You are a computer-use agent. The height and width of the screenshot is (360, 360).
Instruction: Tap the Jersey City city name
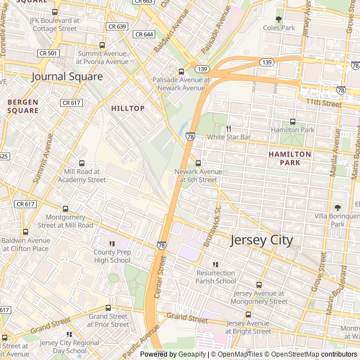(x=262, y=240)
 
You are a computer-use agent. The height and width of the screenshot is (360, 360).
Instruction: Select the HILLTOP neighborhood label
(x=128, y=108)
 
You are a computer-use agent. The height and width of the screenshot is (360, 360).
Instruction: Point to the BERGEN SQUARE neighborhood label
(x=23, y=106)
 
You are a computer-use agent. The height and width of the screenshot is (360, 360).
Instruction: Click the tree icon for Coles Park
(x=279, y=19)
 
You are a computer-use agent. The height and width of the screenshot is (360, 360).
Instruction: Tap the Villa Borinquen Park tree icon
(x=337, y=208)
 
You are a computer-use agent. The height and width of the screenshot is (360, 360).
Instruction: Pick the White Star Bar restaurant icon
(x=229, y=129)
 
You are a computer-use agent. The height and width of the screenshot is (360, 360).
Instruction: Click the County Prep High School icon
(x=112, y=244)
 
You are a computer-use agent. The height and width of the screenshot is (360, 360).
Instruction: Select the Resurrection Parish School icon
(x=216, y=264)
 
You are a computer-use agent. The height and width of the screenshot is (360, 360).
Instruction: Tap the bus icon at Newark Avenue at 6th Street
(x=198, y=163)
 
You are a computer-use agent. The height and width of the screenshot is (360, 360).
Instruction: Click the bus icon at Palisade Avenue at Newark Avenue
(x=181, y=71)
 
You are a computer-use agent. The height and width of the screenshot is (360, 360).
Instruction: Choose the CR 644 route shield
(x=144, y=34)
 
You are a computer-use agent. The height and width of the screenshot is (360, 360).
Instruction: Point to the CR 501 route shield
(x=48, y=53)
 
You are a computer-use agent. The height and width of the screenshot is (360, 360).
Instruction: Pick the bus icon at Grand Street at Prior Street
(x=109, y=308)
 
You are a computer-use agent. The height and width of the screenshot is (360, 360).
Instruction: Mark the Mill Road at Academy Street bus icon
(x=82, y=163)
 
